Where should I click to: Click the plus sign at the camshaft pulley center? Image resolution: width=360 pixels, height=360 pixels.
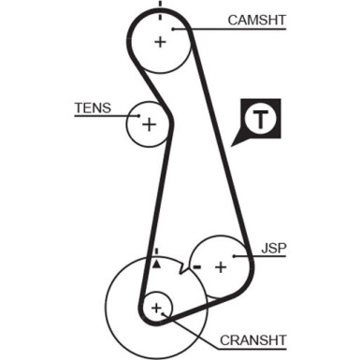161,41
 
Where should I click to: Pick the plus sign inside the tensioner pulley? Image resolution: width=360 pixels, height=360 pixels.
148,122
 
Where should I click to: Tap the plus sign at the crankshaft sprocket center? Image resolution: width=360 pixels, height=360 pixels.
156,307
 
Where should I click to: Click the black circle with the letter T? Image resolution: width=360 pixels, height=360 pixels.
260,119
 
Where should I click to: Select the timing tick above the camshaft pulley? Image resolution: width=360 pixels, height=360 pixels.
161,6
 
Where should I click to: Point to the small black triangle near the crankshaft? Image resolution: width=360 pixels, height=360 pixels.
158,266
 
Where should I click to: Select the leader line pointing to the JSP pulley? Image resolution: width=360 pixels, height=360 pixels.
254,257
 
